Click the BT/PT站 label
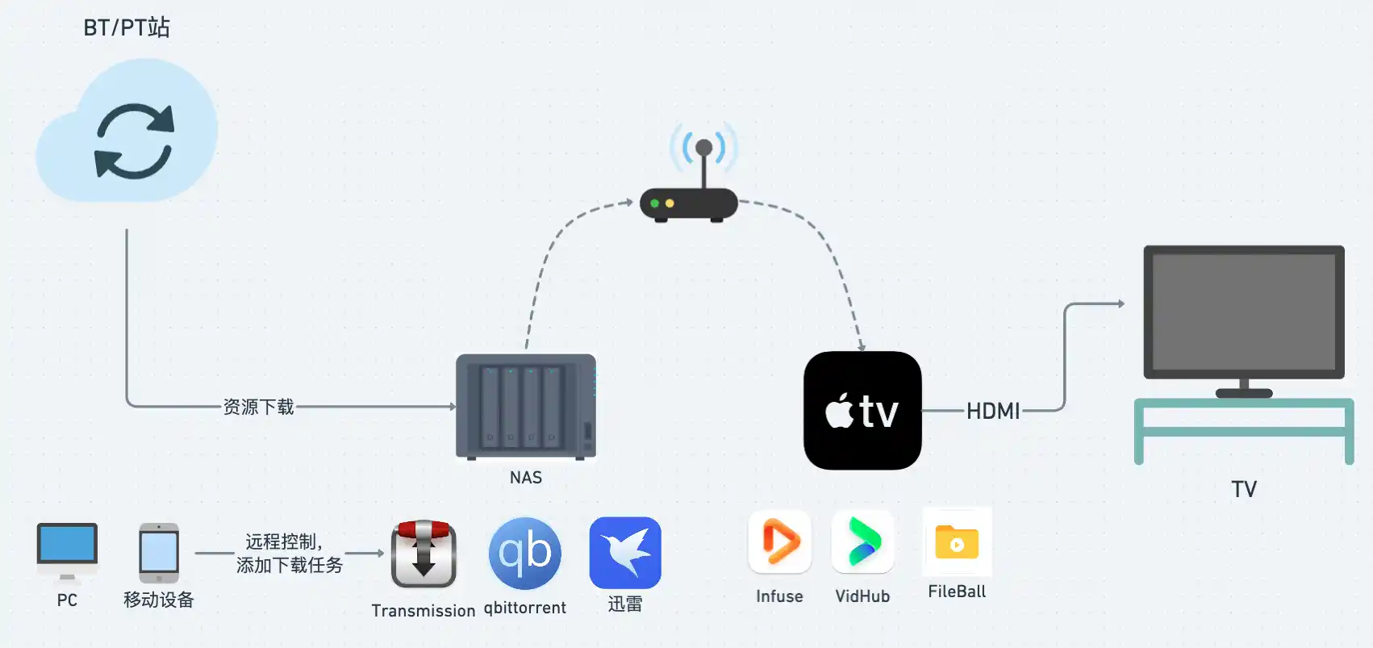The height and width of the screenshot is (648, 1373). click(x=127, y=27)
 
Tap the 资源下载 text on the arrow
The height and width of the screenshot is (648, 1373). click(x=258, y=407)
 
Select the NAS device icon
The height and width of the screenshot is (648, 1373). click(x=526, y=407)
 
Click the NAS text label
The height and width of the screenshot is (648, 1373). click(x=526, y=478)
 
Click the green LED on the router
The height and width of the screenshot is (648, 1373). click(x=655, y=203)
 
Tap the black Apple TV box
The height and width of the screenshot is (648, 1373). click(x=862, y=410)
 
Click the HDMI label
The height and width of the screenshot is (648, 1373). click(x=993, y=412)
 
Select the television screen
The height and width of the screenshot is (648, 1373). click(x=1243, y=311)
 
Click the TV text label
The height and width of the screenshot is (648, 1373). click(x=1243, y=490)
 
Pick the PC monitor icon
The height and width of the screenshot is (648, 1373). click(x=67, y=546)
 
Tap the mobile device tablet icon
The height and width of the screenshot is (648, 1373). click(x=159, y=553)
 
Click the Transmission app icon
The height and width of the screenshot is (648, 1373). click(x=424, y=554)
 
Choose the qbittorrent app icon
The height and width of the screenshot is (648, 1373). click(x=525, y=554)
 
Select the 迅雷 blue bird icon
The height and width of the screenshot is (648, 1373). click(x=625, y=553)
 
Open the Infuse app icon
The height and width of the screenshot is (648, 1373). click(x=779, y=541)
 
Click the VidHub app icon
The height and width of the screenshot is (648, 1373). click(x=862, y=541)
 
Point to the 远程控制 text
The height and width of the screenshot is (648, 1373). click(x=283, y=541)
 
